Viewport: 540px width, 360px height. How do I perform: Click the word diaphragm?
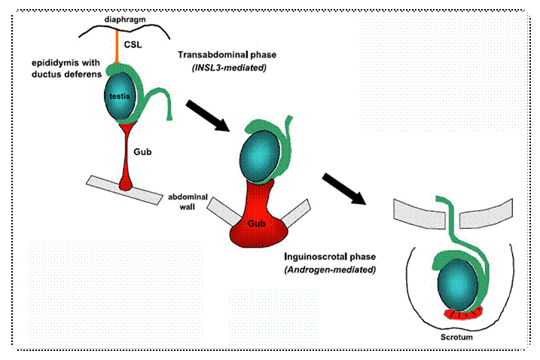(125, 20)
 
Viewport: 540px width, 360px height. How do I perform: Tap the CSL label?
(133, 44)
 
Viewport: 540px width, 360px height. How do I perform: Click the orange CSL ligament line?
(117, 47)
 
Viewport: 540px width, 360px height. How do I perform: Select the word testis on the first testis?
(120, 96)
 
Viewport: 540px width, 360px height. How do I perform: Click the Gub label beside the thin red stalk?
(142, 152)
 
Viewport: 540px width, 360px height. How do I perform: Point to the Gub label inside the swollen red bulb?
(257, 224)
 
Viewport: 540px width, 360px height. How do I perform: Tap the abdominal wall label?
(188, 202)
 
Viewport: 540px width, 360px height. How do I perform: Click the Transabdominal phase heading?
(227, 55)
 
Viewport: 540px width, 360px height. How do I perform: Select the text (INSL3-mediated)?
(229, 68)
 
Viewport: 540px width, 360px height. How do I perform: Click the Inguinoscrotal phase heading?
(330, 257)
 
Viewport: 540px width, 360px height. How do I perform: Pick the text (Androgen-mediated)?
(330, 270)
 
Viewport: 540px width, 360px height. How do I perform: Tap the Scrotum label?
(456, 337)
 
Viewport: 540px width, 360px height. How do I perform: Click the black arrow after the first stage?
(208, 116)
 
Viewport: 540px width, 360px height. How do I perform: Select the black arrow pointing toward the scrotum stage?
(344, 189)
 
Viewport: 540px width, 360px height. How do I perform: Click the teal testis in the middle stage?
(259, 156)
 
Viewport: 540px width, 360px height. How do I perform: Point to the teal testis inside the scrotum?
(458, 285)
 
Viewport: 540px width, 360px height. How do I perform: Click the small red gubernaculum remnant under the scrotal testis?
(462, 313)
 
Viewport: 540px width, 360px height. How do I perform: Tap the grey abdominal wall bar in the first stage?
(124, 190)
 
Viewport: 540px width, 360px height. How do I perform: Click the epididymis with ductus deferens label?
(66, 69)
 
